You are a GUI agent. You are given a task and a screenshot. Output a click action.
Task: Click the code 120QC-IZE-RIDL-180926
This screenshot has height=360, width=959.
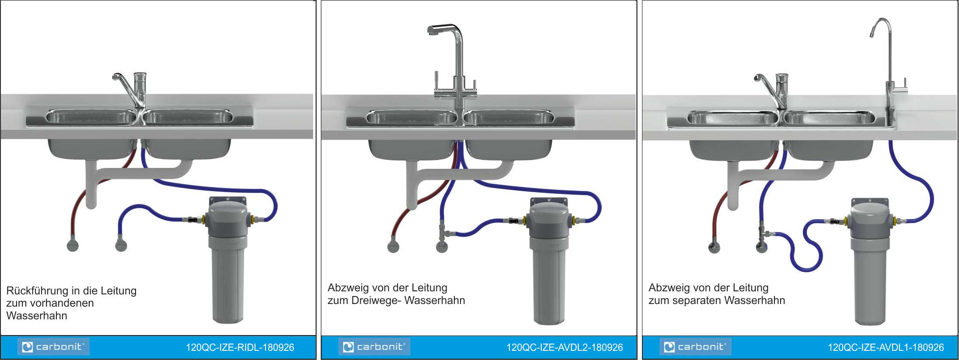point(240,348)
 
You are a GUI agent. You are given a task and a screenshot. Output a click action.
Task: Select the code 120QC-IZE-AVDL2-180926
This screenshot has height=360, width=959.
point(565,348)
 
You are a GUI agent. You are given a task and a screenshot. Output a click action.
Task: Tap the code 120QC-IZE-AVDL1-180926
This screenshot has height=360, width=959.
point(886,348)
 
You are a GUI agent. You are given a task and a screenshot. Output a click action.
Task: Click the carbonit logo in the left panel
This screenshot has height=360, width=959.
point(53,347)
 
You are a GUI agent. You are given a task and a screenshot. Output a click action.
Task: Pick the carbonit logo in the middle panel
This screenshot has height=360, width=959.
point(374,347)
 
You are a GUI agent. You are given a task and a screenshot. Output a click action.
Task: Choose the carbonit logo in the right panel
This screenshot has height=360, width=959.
point(695,347)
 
